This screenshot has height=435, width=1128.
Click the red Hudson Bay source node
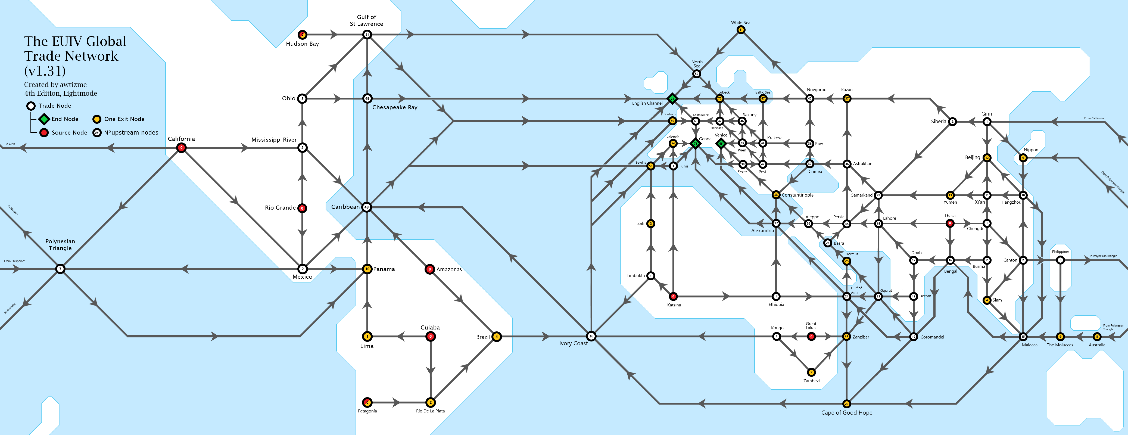click(302, 35)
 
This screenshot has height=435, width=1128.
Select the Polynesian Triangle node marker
click(60, 269)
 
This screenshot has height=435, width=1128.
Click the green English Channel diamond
click(672, 99)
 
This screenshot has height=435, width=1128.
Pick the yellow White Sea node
click(740, 30)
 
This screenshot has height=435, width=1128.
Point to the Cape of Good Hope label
click(846, 413)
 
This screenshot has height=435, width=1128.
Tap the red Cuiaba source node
click(431, 336)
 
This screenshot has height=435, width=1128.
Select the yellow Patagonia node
click(367, 402)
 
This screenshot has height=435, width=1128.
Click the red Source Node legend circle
click(44, 132)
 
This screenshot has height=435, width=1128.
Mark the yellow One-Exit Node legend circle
click(97, 119)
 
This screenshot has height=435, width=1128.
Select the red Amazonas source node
click(429, 269)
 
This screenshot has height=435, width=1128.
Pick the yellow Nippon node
click(1023, 158)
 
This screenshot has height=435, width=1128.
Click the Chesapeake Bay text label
click(395, 107)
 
